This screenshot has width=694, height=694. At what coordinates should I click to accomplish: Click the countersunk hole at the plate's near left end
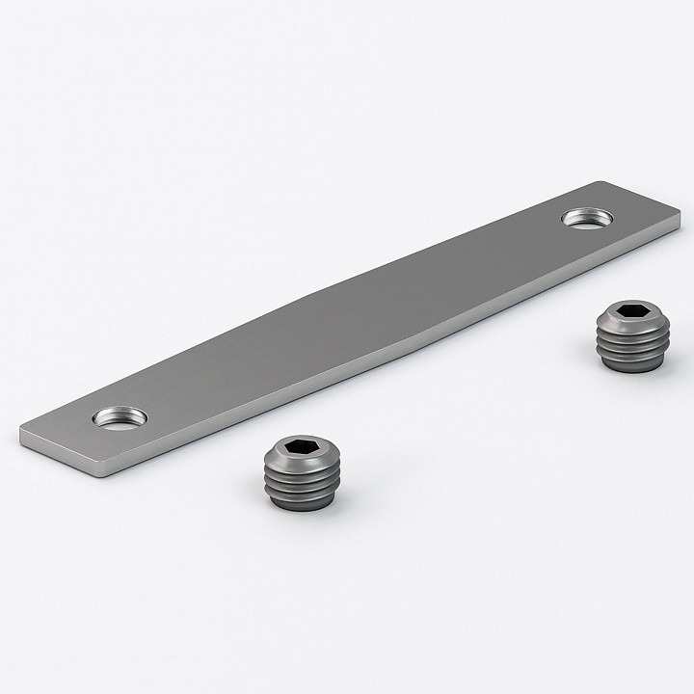coord(120,417)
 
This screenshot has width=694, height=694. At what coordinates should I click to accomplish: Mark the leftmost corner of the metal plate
coord(20,432)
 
